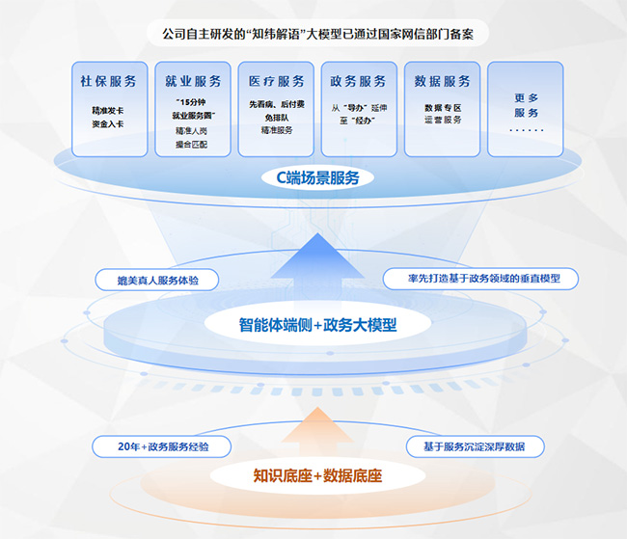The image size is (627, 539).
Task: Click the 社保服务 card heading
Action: pos(108,82)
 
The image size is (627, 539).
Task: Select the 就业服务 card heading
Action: pos(193,82)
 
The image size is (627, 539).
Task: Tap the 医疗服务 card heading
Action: pos(276,82)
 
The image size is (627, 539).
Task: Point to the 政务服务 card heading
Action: pos(358,82)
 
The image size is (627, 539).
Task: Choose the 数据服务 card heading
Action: pos(443,82)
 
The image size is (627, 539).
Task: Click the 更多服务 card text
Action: pos(526,105)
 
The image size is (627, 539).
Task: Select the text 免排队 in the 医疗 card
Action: pos(276,117)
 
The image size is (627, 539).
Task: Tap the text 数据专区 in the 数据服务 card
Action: pos(443,108)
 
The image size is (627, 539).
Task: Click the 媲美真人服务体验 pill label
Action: pos(156,280)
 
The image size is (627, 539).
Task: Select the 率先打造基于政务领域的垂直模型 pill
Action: pos(478,279)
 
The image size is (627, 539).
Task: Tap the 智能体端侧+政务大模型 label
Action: pos(317,325)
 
